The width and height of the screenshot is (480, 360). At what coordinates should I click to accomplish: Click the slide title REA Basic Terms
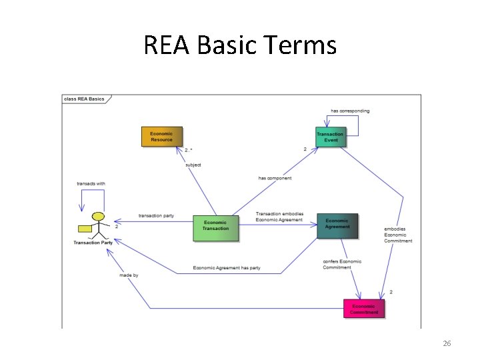point(240,45)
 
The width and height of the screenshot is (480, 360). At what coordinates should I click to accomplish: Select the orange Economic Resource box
point(161,137)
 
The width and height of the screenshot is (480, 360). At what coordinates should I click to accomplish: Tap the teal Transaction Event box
point(331,137)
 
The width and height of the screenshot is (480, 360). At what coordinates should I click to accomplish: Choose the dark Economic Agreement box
point(337,225)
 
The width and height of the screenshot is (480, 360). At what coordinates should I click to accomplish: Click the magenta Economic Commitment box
point(364,309)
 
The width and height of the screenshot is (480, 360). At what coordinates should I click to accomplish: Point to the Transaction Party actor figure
point(98,225)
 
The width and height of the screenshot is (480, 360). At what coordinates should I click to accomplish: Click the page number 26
point(447,343)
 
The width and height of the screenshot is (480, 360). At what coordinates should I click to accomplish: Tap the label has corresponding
point(350,111)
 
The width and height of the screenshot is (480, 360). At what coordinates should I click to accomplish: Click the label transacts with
point(91,183)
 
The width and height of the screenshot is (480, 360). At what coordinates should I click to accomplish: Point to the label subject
point(193,165)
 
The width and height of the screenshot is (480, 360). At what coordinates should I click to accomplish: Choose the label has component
point(275,178)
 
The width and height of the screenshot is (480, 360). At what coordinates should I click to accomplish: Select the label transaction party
point(156,215)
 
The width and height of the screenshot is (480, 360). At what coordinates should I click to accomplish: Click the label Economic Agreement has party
point(227,268)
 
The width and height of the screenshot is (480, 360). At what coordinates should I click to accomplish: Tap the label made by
point(129,275)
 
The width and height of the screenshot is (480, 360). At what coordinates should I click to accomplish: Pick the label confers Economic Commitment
point(342,264)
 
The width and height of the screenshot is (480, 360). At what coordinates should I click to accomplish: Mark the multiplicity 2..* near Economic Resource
point(189,150)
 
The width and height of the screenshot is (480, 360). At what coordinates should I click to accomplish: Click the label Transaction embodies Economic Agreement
point(279,217)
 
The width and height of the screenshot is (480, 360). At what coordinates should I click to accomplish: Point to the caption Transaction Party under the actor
point(93,243)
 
